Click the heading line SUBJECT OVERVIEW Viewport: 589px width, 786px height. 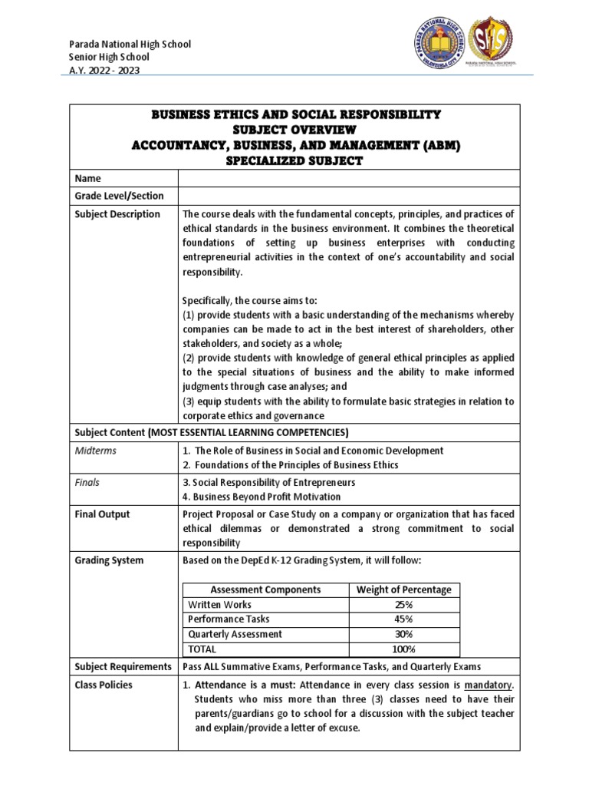coord(295,130)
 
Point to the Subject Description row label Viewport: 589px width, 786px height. coord(117,214)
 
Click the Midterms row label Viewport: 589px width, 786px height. coord(95,451)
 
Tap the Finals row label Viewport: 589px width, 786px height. coord(87,483)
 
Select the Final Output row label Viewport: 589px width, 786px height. coord(102,514)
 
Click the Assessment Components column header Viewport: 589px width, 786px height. coord(265,589)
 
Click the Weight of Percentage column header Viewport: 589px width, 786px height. coord(404,589)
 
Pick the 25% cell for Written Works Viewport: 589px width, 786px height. coord(404,604)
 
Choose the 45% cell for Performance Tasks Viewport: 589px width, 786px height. coord(404,619)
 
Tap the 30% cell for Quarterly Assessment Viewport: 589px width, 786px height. coord(404,634)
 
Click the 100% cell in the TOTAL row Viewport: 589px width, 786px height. coord(404,649)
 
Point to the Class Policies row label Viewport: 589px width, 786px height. coord(103,685)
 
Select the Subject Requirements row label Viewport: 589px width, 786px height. coord(123,666)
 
